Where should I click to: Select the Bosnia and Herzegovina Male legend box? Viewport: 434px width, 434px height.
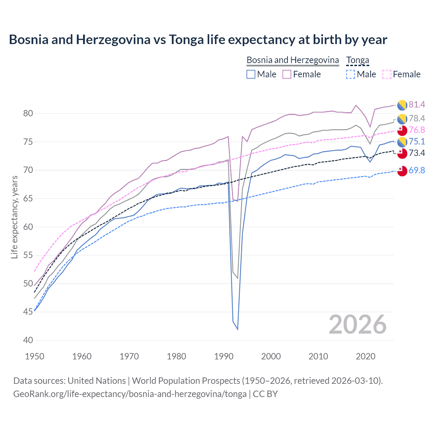pos(251,74)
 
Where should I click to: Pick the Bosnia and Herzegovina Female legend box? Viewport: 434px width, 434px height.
pos(287,74)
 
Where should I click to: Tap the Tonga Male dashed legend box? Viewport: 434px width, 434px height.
pos(351,74)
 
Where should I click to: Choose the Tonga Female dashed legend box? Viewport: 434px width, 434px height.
pos(387,74)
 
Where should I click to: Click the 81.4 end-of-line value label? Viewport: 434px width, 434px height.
pos(417,104)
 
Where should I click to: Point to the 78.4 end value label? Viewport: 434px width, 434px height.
pos(417,118)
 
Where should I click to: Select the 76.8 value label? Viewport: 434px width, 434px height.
pos(417,130)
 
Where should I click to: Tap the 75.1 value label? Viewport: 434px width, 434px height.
pos(417,141)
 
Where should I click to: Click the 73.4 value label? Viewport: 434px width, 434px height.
pos(417,153)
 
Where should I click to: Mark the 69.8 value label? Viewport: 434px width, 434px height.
pos(417,170)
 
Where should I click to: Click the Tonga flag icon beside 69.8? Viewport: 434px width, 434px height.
pos(402,171)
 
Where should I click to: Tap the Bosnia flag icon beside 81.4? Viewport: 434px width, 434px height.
pos(402,105)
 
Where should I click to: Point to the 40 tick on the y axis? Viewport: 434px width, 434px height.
pos(28,340)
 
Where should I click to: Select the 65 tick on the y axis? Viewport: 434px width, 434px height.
pos(28,198)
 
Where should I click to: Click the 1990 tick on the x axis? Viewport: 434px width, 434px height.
pos(224,356)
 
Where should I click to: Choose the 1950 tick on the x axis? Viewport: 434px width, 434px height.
pos(35,356)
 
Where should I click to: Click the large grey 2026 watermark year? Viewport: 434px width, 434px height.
pos(358,324)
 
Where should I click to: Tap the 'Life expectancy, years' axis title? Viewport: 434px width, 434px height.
pos(14,217)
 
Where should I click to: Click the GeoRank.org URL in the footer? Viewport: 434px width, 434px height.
pos(130,394)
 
